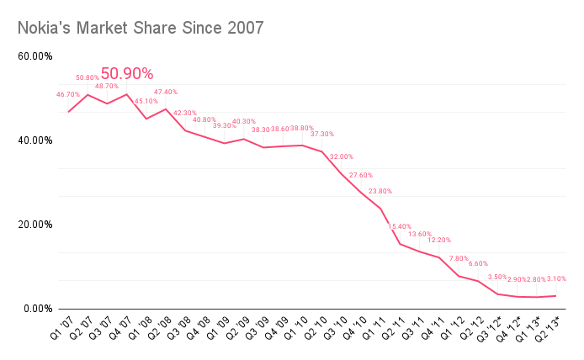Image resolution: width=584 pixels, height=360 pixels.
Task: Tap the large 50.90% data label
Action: pos(127,74)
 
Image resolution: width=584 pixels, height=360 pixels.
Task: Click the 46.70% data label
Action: pos(68,94)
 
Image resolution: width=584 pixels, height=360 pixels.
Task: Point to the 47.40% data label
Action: pos(166,92)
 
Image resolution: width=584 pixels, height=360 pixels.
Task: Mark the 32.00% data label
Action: pos(342,156)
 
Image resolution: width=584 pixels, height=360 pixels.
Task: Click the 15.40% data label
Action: pos(400,226)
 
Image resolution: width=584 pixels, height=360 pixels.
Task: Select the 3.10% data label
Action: pos(555,278)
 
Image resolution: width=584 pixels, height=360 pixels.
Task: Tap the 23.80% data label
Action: pos(380,191)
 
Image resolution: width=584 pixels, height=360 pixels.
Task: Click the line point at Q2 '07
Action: pos(88,94)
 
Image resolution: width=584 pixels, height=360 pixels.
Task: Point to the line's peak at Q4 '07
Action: pos(126,94)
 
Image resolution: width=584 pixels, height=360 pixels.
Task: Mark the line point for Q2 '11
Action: pos(400,243)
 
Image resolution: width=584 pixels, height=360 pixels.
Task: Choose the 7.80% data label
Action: pos(459,258)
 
